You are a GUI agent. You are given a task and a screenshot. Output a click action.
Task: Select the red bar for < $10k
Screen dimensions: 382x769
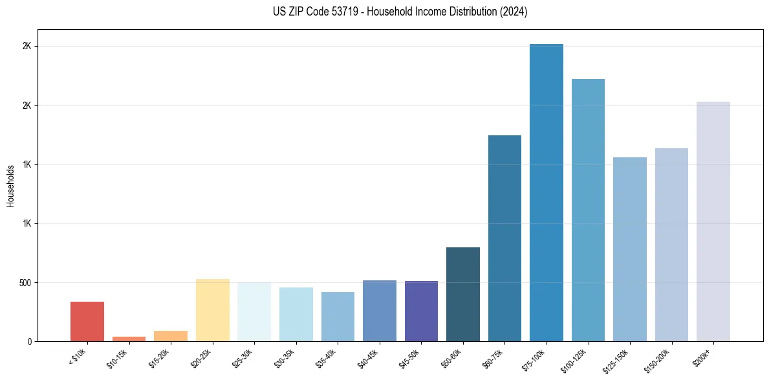click(x=87, y=321)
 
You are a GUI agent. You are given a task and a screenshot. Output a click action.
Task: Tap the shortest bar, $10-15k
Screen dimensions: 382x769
click(x=129, y=339)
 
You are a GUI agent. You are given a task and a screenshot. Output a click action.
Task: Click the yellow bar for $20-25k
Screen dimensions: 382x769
click(x=213, y=310)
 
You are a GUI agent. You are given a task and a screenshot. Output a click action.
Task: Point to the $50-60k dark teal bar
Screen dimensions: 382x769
click(x=463, y=294)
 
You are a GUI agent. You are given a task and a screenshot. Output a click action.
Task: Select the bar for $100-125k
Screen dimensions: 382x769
click(x=588, y=210)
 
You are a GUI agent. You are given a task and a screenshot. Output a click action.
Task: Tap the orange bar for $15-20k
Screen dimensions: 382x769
click(x=171, y=336)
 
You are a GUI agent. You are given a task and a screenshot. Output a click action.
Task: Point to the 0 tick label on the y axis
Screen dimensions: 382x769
click(x=29, y=341)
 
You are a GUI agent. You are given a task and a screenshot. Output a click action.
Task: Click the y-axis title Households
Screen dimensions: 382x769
click(x=11, y=186)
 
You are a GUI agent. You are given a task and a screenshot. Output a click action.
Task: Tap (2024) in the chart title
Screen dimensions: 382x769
click(x=514, y=12)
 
